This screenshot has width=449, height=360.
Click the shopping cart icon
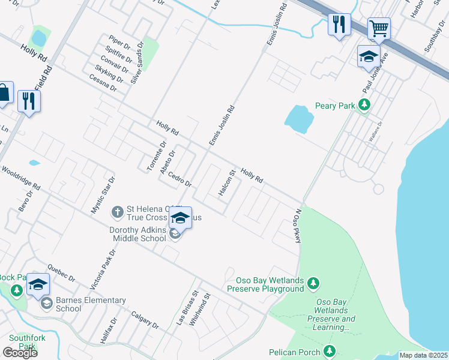click(379, 28)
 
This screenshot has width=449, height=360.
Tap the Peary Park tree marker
click(364, 106)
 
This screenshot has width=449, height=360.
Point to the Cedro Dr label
click(179, 179)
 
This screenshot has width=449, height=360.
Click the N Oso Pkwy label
click(297, 226)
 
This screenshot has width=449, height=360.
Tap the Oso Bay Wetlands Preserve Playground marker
click(312, 283)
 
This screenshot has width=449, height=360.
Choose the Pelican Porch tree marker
click(329, 350)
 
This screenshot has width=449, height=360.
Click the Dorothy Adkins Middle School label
click(137, 234)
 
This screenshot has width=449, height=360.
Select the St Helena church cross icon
click(118, 212)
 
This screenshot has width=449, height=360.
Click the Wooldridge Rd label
click(20, 177)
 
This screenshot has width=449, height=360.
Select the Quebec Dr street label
click(61, 274)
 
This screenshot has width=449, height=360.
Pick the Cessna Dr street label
click(103, 83)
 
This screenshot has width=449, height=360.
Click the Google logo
click(19, 353)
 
